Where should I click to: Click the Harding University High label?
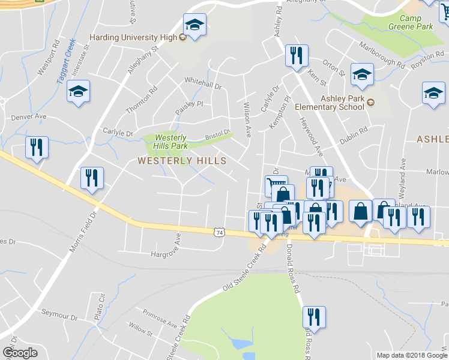point(133,37)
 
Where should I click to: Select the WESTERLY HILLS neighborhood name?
point(182,161)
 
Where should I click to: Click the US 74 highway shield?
point(220,232)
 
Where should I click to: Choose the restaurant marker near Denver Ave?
point(37,147)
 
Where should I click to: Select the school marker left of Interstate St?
point(78,92)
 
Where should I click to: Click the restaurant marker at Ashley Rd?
point(297,56)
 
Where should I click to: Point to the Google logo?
point(20,353)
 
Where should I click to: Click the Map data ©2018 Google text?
point(411,355)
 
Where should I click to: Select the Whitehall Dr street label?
point(203,83)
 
